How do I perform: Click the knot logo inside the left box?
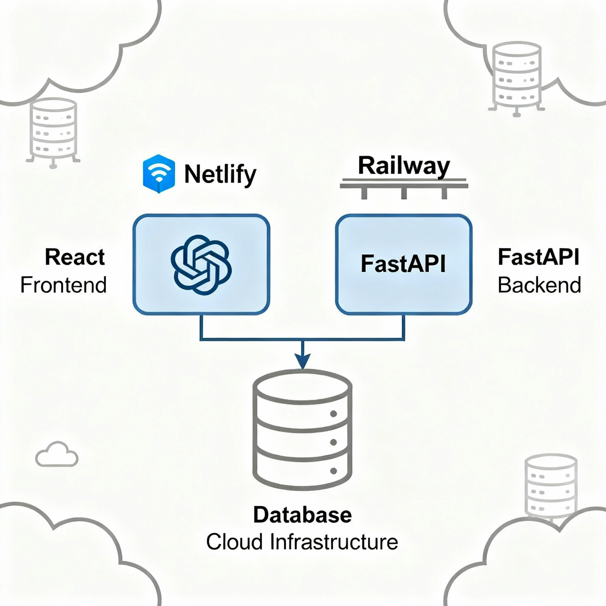[201, 265]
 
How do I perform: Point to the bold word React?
[75, 257]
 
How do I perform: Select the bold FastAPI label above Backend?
[538, 257]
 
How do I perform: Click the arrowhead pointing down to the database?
[302, 361]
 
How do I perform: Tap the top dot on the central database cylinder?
[333, 414]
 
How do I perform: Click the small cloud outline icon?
[57, 455]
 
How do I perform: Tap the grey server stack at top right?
[516, 78]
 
